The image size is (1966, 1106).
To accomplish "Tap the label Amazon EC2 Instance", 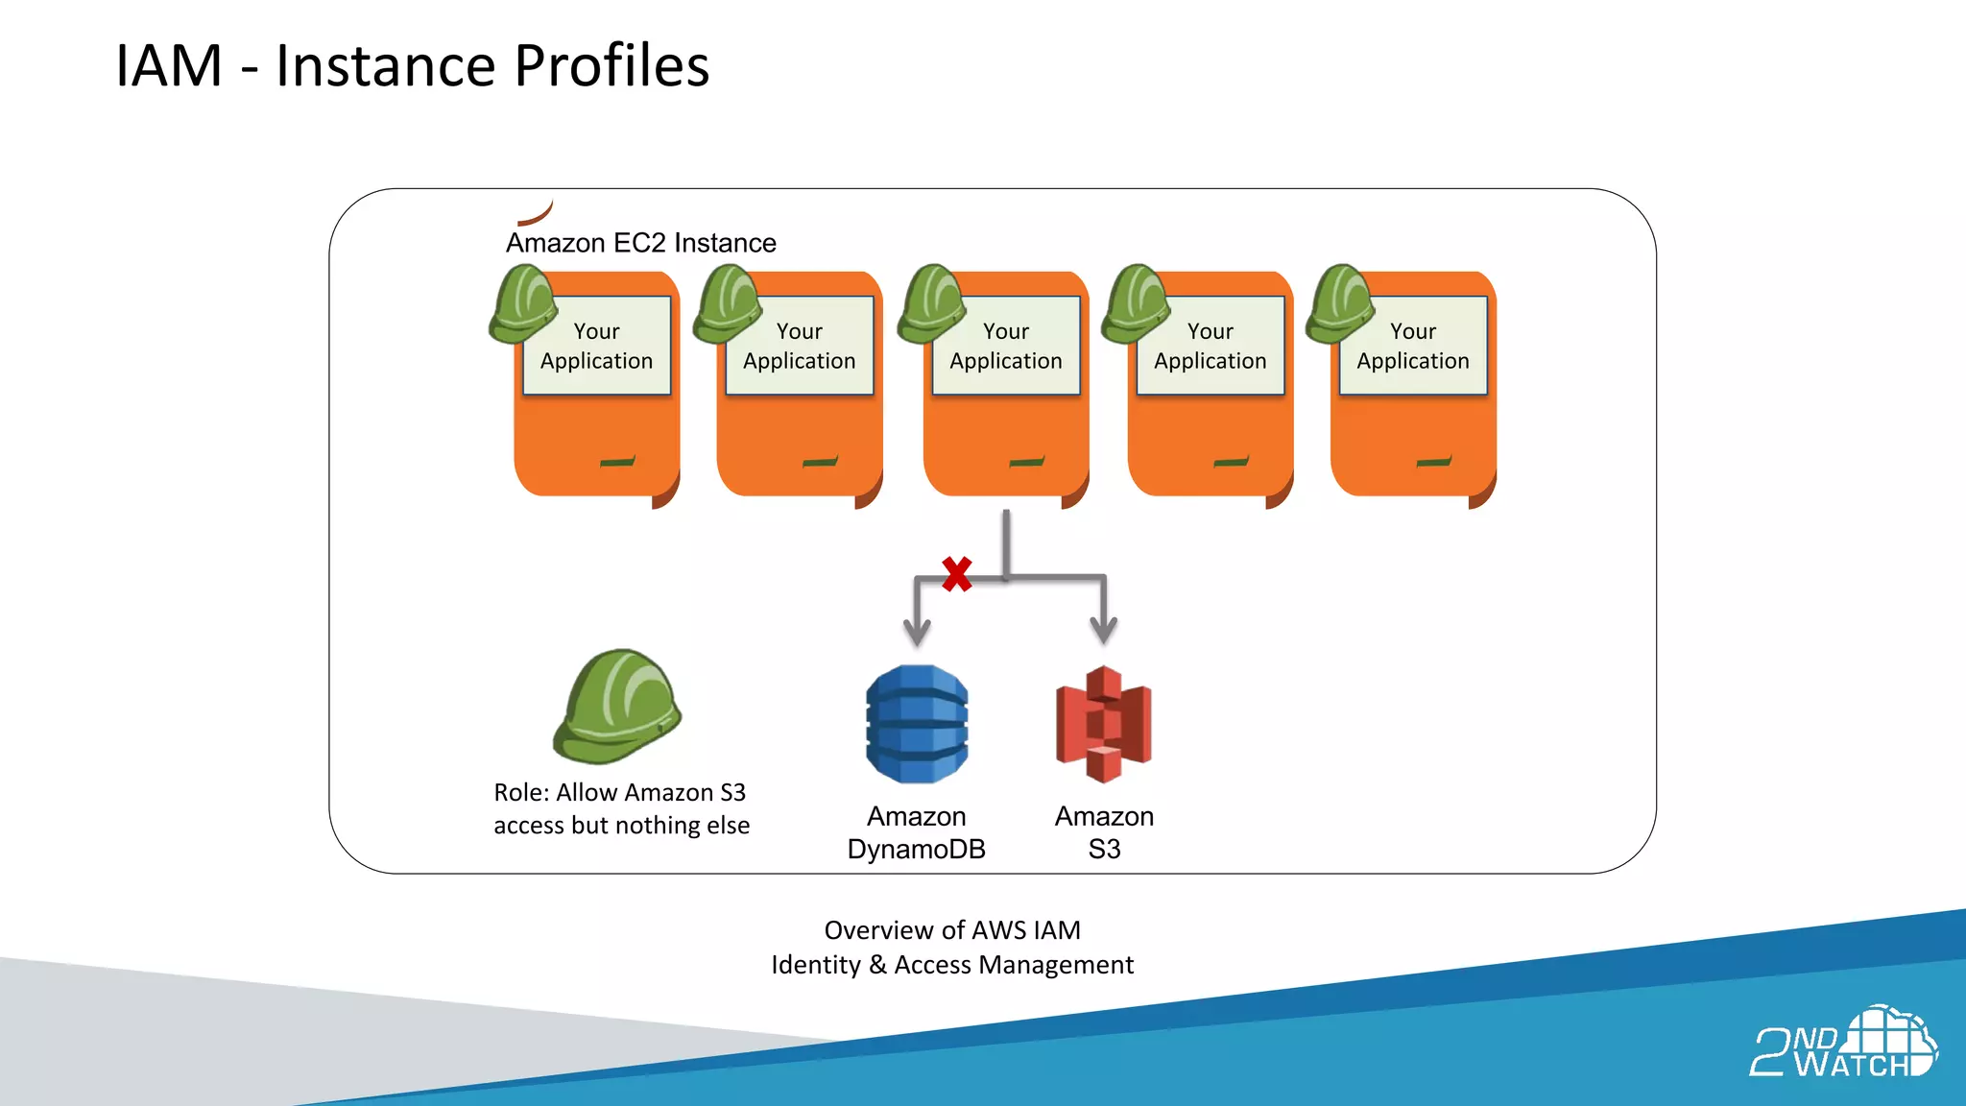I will pyautogui.click(x=640, y=243).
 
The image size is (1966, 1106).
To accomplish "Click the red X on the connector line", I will pyautogui.click(x=956, y=574).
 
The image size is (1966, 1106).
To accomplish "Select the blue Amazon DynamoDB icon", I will pyautogui.click(x=917, y=725).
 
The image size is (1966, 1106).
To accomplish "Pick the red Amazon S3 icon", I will pyautogui.click(x=1104, y=724).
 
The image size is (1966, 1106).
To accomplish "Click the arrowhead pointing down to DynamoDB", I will pyautogui.click(x=917, y=631).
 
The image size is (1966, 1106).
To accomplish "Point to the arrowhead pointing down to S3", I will pyautogui.click(x=1104, y=631).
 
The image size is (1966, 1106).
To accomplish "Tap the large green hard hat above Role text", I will pyautogui.click(x=616, y=707).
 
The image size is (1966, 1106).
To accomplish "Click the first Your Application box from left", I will pyautogui.click(x=596, y=347).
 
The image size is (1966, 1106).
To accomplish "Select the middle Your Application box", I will pyautogui.click(x=1006, y=347).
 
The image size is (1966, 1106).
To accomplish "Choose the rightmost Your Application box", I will pyautogui.click(x=1413, y=347).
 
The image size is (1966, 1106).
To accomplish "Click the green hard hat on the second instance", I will pyautogui.click(x=727, y=304).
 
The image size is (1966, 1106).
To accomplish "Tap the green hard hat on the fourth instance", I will pyautogui.click(x=1136, y=304).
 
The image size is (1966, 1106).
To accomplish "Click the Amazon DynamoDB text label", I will pyautogui.click(x=917, y=832).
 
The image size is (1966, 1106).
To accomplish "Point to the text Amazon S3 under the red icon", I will pyautogui.click(x=1104, y=832).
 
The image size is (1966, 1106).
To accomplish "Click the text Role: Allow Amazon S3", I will pyautogui.click(x=619, y=793).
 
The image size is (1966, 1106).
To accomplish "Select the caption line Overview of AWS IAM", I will pyautogui.click(x=952, y=930).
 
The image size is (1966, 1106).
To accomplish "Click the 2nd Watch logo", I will pyautogui.click(x=1842, y=1045).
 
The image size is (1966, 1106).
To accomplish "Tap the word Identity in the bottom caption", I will pyautogui.click(x=815, y=965).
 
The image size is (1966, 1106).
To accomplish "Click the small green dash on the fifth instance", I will pyautogui.click(x=1433, y=462).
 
